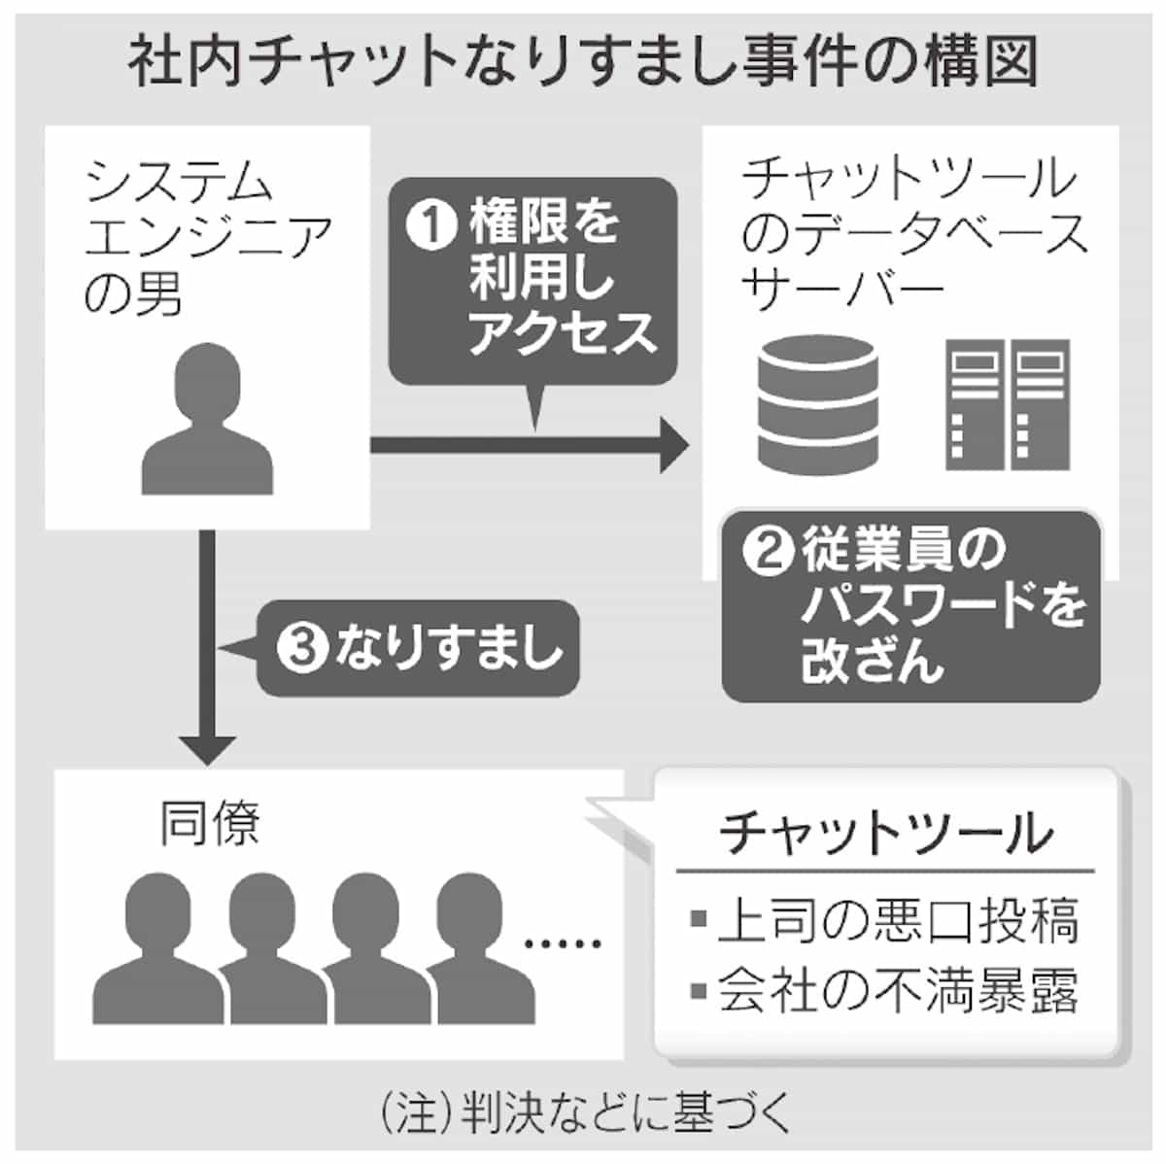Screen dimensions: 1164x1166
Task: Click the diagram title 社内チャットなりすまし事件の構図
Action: click(583, 60)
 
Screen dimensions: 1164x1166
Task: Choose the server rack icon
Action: click(1008, 403)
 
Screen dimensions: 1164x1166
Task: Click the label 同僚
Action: click(210, 824)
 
